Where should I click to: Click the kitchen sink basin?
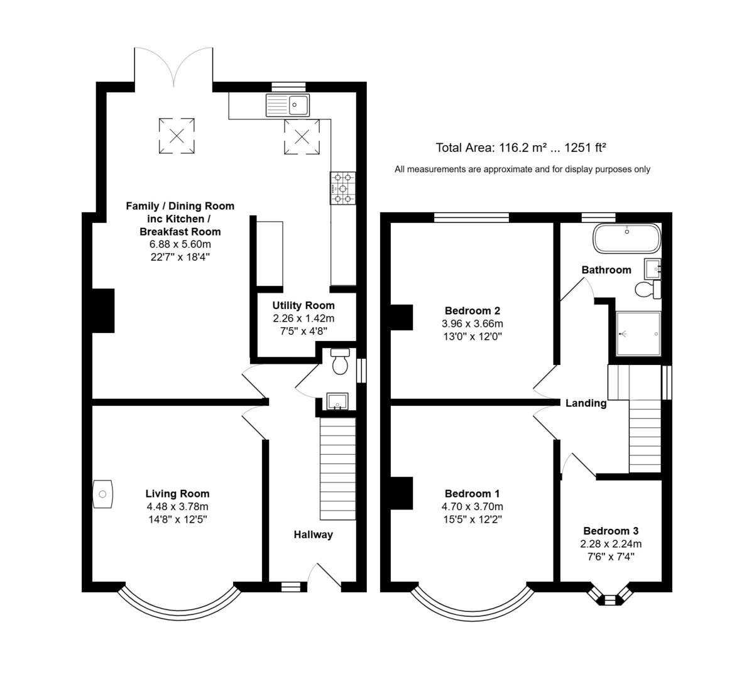point(298,105)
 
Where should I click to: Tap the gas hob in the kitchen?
point(342,188)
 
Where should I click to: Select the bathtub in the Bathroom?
point(626,238)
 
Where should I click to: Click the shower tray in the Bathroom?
point(638,334)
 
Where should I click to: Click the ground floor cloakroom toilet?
point(340,361)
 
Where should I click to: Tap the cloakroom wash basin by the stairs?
point(337,401)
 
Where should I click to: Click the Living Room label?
point(177,494)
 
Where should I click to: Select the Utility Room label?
point(303,305)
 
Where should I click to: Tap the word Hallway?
point(314,535)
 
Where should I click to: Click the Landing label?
point(586,403)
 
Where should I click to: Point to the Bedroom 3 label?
point(611,531)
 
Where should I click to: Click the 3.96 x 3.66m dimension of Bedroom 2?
point(473,323)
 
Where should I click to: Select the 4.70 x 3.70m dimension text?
point(473,506)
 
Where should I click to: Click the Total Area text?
point(521,148)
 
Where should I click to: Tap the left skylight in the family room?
point(177,136)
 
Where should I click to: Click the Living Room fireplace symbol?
point(102,494)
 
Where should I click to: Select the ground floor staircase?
point(338,469)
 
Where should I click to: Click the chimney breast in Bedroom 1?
point(402,493)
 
